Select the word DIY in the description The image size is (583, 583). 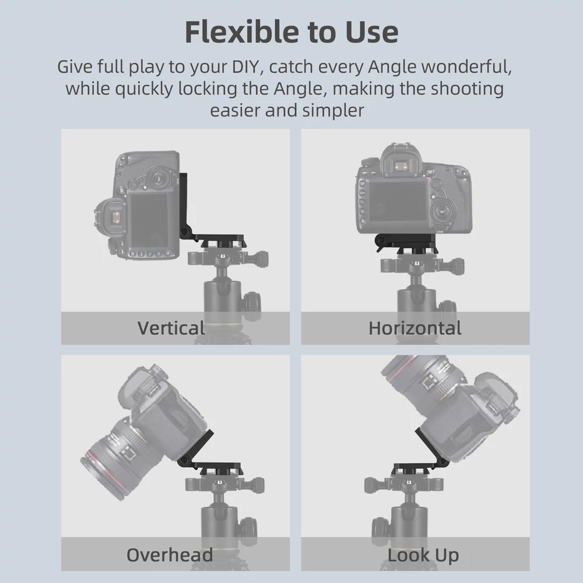click(245, 66)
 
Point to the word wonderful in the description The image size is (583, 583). click(466, 67)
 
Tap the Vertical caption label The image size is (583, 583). click(171, 328)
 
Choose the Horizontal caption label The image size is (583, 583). click(415, 328)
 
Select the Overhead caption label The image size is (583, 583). click(170, 555)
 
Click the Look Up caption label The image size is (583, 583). click(423, 556)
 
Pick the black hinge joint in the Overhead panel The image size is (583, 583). click(184, 462)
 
